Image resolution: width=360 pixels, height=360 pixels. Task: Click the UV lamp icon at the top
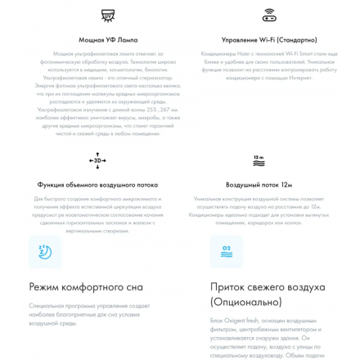[107, 16]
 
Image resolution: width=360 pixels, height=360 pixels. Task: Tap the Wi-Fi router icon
[269, 16]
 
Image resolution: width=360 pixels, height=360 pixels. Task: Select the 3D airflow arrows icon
[97, 160]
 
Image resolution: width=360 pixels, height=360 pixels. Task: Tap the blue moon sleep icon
[45, 252]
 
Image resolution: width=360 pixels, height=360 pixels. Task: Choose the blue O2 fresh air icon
[227, 252]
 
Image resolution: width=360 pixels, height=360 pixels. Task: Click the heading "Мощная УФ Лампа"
[108, 40]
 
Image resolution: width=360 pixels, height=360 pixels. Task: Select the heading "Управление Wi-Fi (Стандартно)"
[269, 40]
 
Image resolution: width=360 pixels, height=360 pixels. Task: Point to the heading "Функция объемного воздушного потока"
[97, 185]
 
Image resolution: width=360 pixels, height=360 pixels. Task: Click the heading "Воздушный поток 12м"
[259, 185]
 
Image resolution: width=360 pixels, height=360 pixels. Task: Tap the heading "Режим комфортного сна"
[86, 287]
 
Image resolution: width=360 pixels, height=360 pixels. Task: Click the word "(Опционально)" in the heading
[246, 302]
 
